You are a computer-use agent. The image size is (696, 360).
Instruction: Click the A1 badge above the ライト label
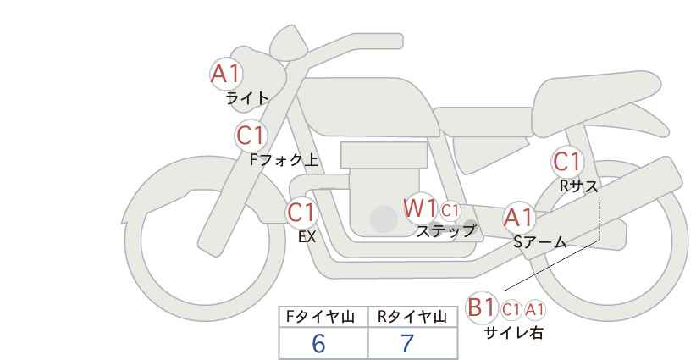(226, 75)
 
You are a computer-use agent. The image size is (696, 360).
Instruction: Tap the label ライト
(247, 98)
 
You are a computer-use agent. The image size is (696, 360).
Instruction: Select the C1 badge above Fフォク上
(251, 136)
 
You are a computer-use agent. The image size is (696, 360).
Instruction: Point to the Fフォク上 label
(284, 160)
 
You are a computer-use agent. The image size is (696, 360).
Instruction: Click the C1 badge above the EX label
(301, 213)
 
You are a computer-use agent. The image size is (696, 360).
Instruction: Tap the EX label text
(307, 237)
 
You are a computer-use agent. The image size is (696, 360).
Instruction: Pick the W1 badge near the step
(420, 208)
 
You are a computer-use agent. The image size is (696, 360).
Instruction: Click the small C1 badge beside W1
(450, 210)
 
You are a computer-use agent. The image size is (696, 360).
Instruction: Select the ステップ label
(445, 231)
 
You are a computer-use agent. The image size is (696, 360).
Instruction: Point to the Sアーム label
(539, 242)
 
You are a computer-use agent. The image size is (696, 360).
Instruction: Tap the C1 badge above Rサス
(567, 162)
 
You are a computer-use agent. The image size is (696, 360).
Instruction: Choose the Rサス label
(578, 186)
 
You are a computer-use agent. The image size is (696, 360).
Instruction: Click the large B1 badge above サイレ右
(481, 307)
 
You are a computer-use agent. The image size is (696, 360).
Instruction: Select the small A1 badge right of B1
(534, 310)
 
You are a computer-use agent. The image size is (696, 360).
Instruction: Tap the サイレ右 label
(513, 333)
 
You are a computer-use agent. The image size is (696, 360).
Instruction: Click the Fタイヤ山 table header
(320, 317)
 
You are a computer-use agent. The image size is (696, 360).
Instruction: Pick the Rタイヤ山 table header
(412, 317)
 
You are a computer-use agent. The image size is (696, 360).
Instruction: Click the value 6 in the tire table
(318, 343)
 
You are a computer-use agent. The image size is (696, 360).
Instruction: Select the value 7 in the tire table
(407, 343)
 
